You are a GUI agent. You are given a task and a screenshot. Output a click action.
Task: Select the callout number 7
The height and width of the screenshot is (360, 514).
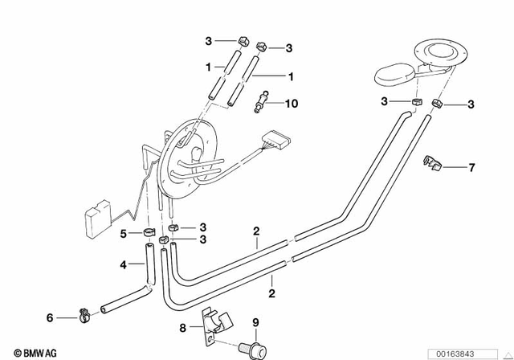[x=471, y=167]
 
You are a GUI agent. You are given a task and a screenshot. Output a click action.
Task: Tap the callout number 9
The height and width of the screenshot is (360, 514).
[x=256, y=324]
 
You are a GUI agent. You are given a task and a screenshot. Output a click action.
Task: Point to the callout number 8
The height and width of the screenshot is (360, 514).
[x=182, y=327]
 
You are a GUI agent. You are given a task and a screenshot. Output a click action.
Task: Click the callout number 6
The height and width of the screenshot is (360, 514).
[x=50, y=318]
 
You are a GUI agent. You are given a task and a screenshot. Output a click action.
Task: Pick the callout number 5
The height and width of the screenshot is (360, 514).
[x=124, y=234]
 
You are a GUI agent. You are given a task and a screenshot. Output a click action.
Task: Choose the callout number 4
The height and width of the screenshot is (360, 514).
[x=124, y=264]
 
